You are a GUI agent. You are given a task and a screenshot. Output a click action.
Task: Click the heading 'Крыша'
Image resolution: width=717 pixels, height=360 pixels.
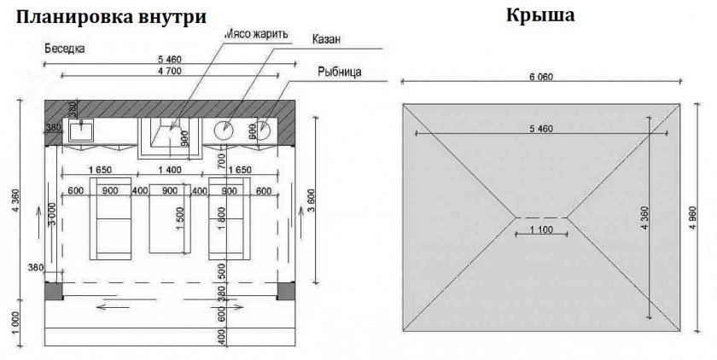coord(539,16)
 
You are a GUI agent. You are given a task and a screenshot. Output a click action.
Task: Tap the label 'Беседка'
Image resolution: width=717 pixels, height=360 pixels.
coord(65,49)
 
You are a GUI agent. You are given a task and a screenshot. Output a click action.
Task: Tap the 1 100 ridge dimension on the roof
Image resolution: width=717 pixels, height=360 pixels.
coord(539,229)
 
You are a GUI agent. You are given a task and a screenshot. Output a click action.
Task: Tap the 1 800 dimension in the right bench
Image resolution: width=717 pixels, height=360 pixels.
coord(223,229)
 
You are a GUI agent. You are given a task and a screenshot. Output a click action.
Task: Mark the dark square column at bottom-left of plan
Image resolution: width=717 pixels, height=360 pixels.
coord(53,291)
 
